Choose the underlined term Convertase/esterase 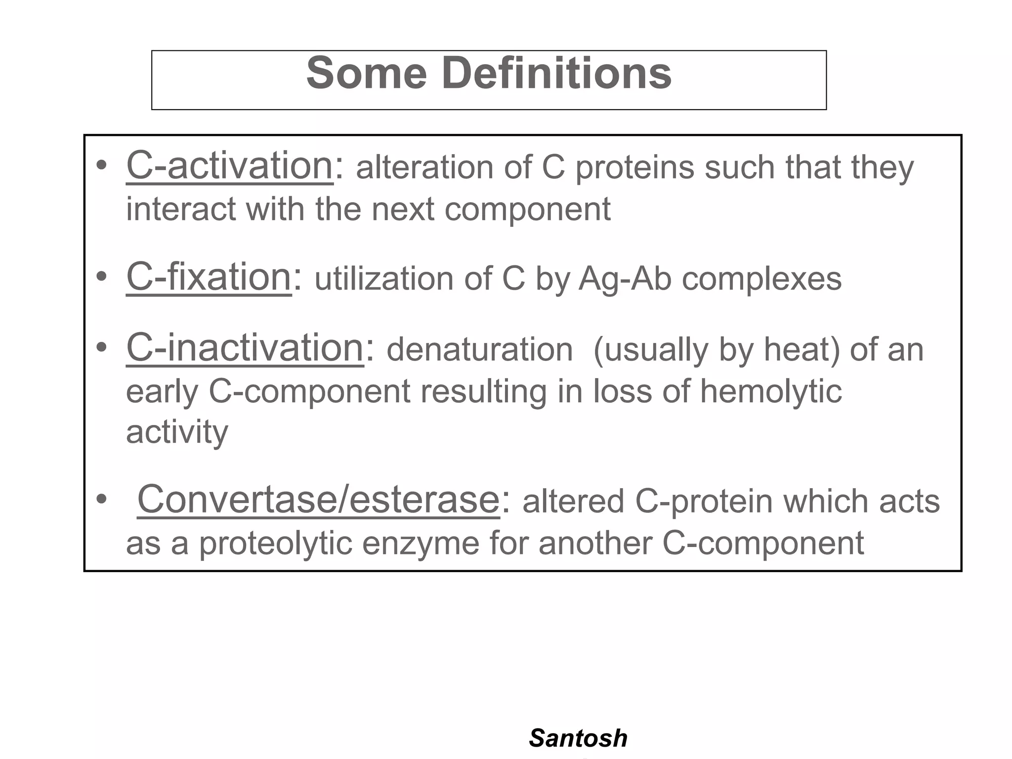[x=318, y=500]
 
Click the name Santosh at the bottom [x=578, y=738]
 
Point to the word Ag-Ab [x=625, y=279]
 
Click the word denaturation [x=479, y=350]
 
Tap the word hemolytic [x=770, y=391]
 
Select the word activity [x=177, y=432]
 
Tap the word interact [x=180, y=209]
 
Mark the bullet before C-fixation [x=101, y=276]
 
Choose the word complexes [x=761, y=280]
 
